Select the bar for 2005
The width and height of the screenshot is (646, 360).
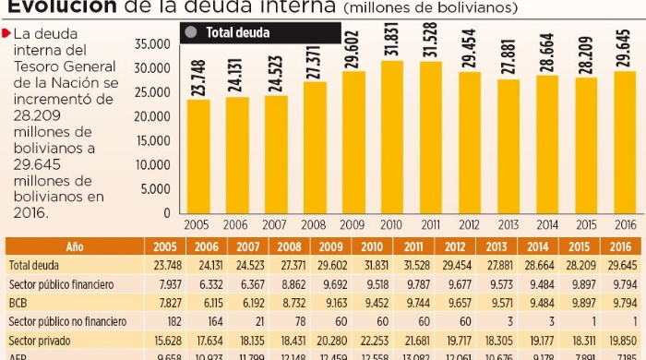tap(197, 156)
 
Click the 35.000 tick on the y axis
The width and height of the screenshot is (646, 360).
tap(152, 44)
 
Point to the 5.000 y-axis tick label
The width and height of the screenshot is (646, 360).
tap(155, 189)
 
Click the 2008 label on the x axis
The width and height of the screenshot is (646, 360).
tap(314, 225)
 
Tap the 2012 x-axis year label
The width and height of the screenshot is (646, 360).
tap(469, 225)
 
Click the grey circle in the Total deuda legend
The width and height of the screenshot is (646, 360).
tap(192, 32)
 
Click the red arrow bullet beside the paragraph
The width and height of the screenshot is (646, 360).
tap(7, 33)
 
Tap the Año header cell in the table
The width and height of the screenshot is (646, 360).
tap(75, 247)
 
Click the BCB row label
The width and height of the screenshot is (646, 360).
tap(18, 301)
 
